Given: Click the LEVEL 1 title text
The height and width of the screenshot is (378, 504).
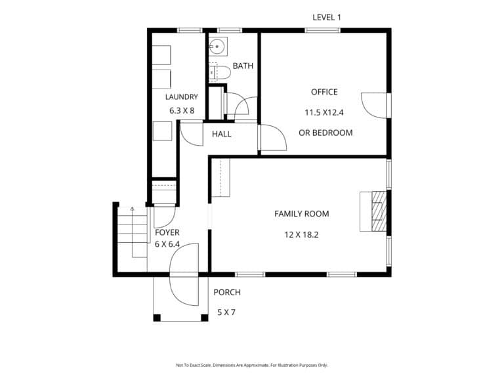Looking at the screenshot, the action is point(327,17).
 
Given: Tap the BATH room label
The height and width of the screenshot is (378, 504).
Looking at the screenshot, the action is point(243,66).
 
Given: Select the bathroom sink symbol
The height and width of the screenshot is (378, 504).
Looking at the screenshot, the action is point(219,47).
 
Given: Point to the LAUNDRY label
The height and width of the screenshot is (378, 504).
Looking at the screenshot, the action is point(182,96).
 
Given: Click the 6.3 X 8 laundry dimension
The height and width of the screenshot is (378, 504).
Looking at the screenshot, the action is point(182,111).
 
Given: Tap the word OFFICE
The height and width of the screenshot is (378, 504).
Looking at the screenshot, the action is point(324,92).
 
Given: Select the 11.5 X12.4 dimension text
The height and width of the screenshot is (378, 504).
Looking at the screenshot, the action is point(324,112).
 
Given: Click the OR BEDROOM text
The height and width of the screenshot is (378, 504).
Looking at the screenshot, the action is point(325,133).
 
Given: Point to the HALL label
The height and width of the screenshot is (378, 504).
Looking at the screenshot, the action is point(221,134).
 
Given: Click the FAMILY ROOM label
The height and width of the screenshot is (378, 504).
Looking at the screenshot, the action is point(301,214).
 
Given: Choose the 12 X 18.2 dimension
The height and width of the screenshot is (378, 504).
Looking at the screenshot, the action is point(301,235).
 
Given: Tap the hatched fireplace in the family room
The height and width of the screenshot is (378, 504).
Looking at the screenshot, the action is point(379,211).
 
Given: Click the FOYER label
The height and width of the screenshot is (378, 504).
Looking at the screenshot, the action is point(167,232).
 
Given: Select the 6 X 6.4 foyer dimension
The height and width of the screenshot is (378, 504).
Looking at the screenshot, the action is point(167,244).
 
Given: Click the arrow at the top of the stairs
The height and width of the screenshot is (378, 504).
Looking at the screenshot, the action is point(132,209).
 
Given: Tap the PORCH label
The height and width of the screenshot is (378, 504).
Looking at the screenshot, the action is point(227,292).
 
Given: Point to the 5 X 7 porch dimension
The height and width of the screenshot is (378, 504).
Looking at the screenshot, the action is point(226,312).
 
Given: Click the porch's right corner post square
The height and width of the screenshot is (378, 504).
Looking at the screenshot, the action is point(205,318).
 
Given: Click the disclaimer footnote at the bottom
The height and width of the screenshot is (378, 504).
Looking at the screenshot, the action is point(252,365).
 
